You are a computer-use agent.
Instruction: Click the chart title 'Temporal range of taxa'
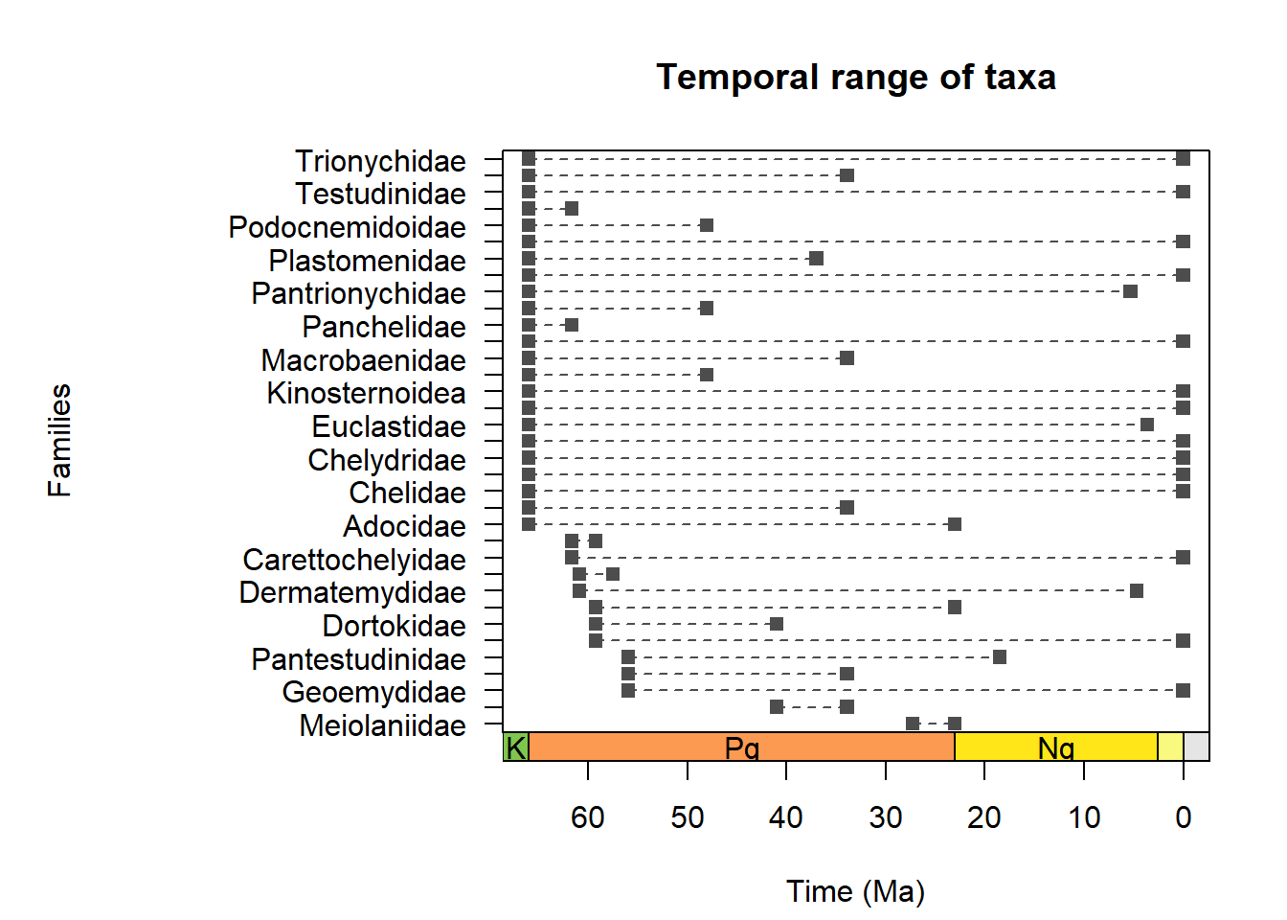(x=855, y=78)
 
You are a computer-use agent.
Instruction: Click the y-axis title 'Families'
(x=59, y=440)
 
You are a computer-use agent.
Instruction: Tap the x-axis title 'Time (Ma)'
(x=855, y=891)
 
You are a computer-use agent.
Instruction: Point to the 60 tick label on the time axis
(x=587, y=817)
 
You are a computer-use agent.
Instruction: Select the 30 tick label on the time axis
(x=886, y=817)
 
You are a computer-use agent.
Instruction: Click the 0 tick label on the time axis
(x=1184, y=817)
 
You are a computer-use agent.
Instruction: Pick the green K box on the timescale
(x=515, y=747)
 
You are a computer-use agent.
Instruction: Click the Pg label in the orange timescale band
(x=742, y=747)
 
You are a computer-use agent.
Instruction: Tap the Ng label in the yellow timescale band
(x=1056, y=747)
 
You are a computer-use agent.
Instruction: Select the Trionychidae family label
(x=380, y=161)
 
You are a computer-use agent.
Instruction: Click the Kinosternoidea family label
(x=366, y=393)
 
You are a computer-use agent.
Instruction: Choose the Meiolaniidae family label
(x=382, y=725)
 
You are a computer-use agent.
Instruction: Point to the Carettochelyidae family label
(x=354, y=560)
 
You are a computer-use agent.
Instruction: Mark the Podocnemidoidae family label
(x=347, y=227)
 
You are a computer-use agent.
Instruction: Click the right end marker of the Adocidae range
(x=954, y=524)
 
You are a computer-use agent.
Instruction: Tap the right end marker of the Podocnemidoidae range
(x=707, y=225)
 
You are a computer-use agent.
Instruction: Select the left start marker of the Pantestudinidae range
(x=628, y=656)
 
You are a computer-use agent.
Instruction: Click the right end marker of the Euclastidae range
(x=1147, y=425)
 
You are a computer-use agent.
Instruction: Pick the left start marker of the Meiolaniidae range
(x=913, y=724)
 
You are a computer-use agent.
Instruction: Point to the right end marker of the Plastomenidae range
(x=816, y=259)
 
